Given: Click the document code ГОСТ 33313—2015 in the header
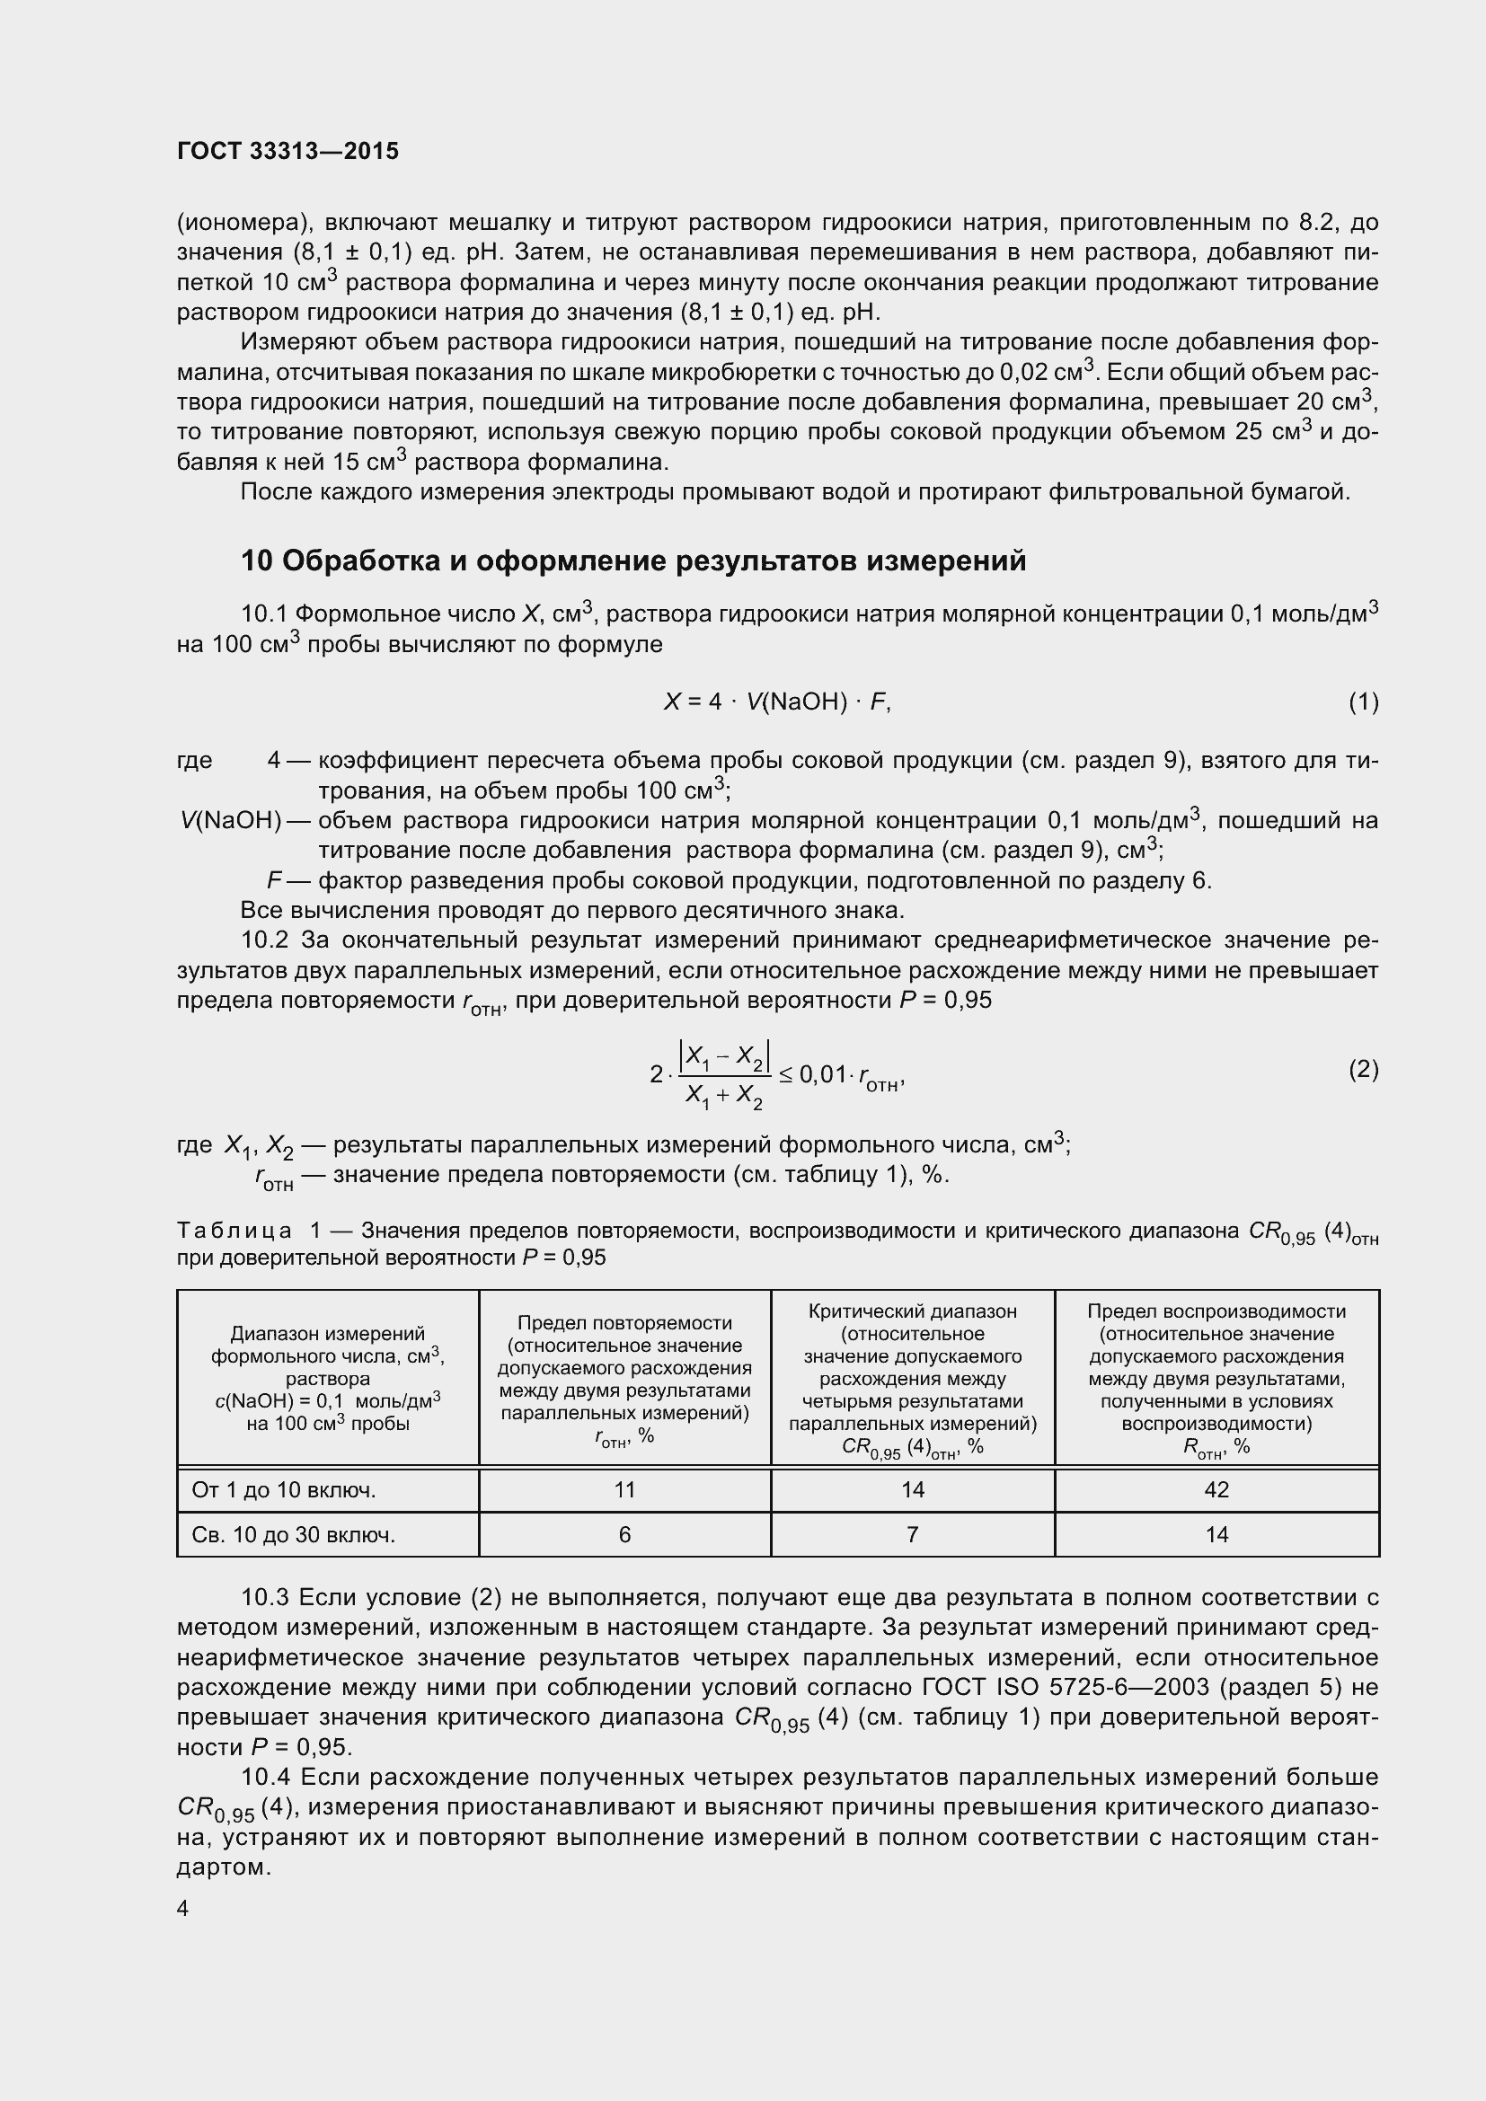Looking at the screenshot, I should (x=287, y=151).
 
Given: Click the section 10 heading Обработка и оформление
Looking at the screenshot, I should (x=633, y=561).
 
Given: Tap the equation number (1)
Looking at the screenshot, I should (x=1363, y=702).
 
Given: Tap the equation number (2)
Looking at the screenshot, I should (x=1363, y=1069).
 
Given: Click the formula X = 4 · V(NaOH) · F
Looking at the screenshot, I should (x=777, y=702).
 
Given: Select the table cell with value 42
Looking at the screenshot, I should (x=1216, y=1489).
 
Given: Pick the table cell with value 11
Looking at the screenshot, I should (x=624, y=1489).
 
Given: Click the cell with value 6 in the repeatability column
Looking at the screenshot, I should (x=624, y=1534).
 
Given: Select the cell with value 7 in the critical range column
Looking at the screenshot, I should (x=912, y=1534).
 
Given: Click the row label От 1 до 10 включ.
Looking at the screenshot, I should (x=284, y=1489).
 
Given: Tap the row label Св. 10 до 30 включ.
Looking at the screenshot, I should (x=293, y=1534).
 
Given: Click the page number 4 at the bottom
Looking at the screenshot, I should (x=183, y=1909).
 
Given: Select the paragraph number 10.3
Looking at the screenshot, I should (x=264, y=1598).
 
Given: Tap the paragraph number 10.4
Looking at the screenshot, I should (x=264, y=1778).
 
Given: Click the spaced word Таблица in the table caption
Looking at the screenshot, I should (x=234, y=1231).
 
